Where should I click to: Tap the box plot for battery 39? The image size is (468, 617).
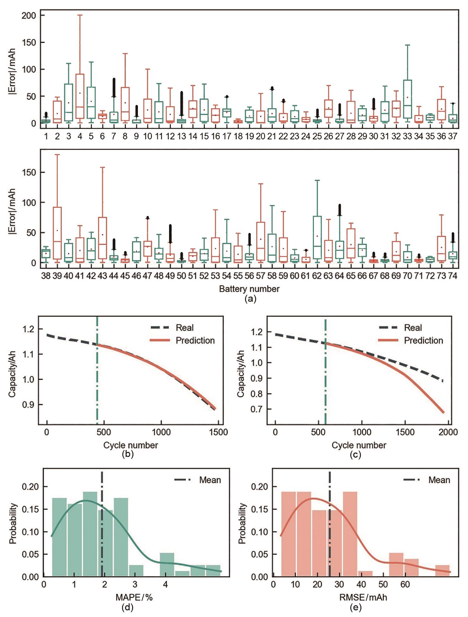pos(57,233)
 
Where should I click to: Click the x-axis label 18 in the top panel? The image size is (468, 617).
pos(238,136)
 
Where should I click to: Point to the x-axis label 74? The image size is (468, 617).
pos(452,276)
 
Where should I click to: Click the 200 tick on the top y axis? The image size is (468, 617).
pos(29,15)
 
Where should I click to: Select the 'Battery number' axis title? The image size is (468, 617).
pos(249,289)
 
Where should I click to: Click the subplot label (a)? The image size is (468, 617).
pos(250,299)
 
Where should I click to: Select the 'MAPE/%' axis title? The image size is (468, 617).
pos(134,597)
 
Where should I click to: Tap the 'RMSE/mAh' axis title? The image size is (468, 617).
pos(363,597)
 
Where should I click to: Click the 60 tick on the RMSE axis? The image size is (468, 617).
pos(405,584)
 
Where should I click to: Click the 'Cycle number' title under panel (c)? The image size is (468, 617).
pos(359,445)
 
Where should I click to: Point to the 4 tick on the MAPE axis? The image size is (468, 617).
pos(165,584)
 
